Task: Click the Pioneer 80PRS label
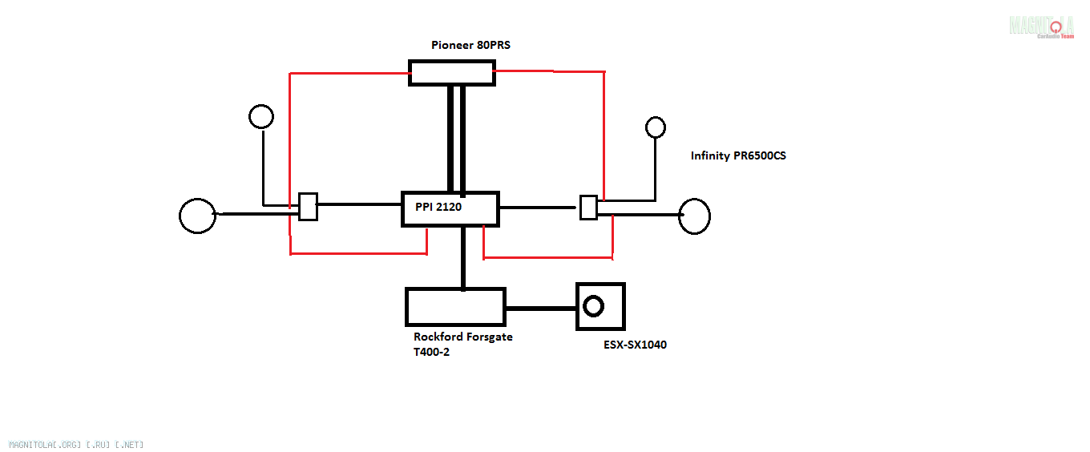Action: (470, 45)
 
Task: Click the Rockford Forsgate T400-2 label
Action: (462, 344)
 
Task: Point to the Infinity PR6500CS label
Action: (738, 155)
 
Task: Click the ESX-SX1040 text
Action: (635, 345)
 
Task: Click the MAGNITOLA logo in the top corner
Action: (1041, 26)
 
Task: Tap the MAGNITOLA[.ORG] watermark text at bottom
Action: (76, 445)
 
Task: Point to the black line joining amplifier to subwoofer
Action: (541, 309)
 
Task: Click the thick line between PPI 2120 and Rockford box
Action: (463, 258)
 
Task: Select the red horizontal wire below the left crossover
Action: (358, 253)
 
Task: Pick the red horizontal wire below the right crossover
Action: (548, 257)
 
